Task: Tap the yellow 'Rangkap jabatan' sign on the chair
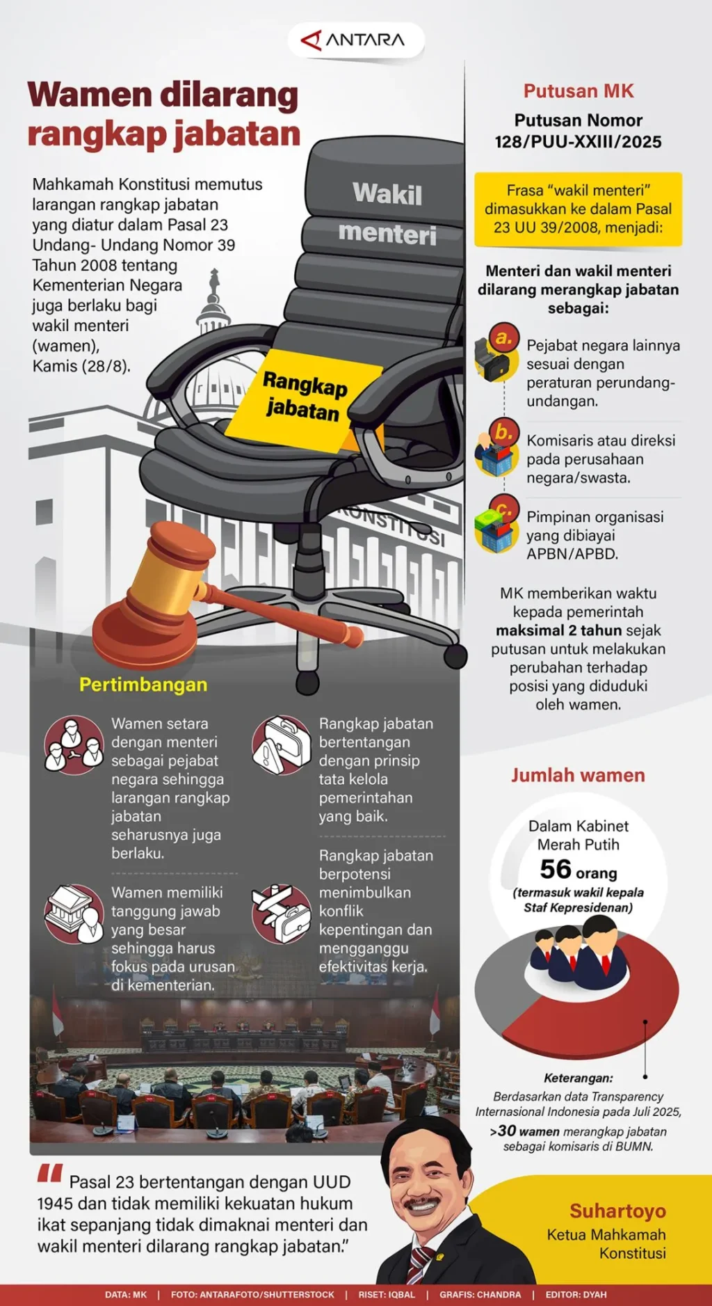pos(305,399)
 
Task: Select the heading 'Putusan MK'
pos(578,91)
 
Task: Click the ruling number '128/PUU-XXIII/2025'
pos(578,142)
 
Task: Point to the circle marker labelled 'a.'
pos(504,338)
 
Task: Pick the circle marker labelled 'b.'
pos(504,433)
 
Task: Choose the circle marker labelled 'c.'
pos(504,509)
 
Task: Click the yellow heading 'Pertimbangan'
pos(143,685)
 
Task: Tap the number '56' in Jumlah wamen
pos(556,870)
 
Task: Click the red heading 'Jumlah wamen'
pos(578,775)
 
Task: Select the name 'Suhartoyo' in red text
pos(618,1211)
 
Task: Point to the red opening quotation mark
pos(50,1173)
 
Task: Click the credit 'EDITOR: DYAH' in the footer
pos(576,1295)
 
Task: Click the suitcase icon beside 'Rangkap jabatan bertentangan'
pos(282,745)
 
